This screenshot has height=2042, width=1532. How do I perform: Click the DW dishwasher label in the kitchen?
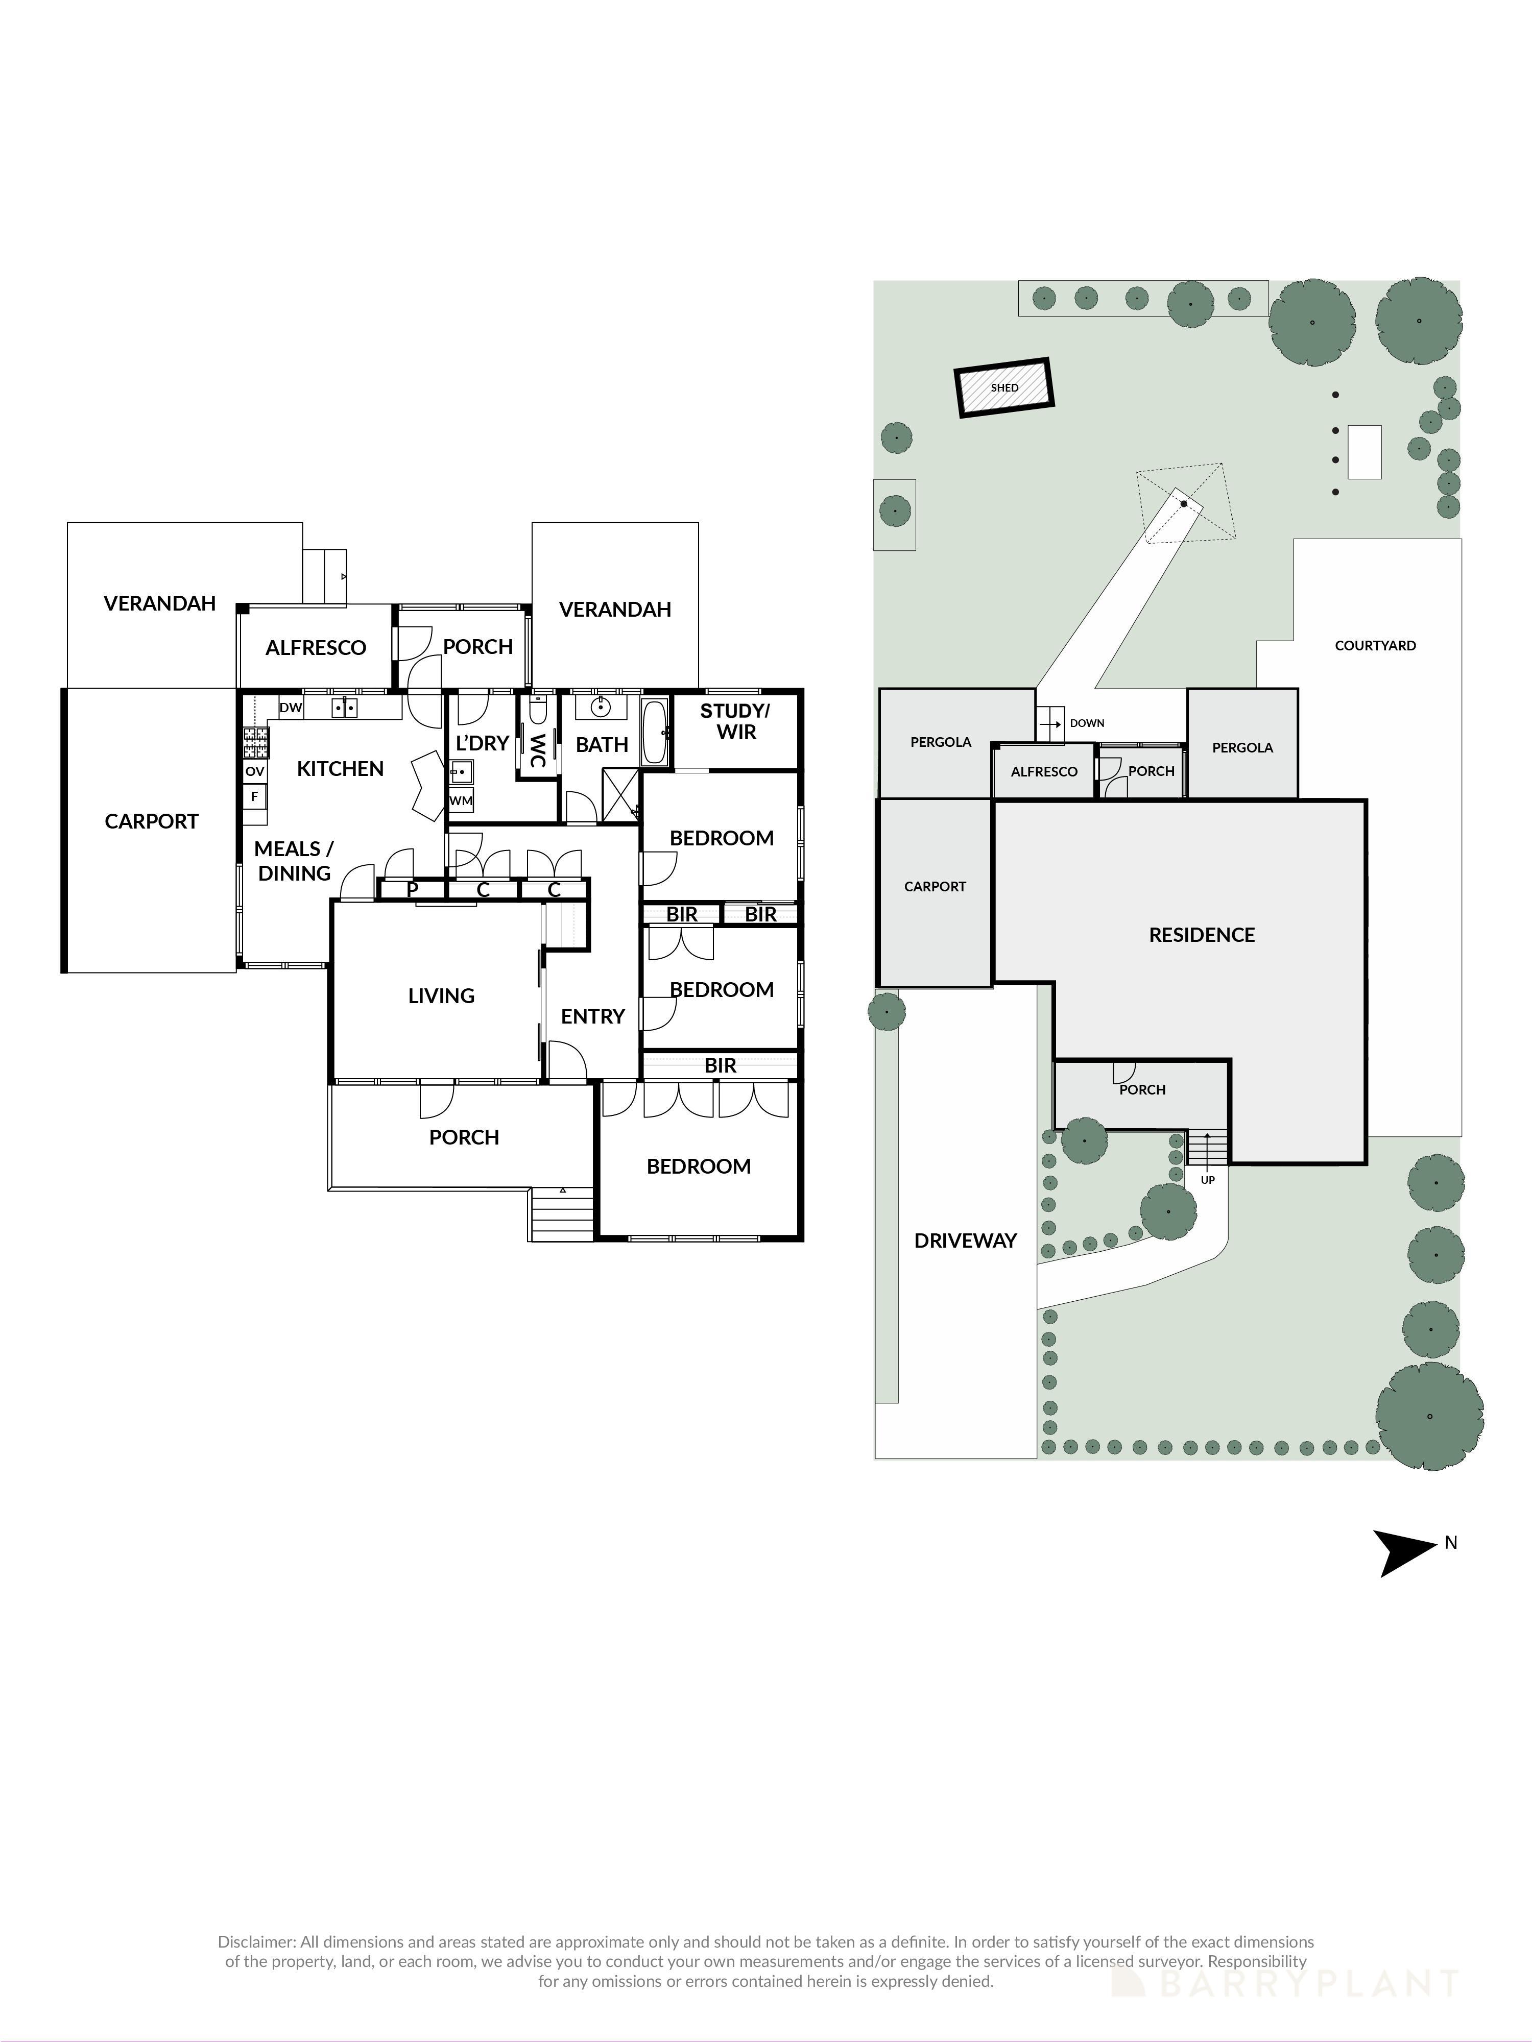click(291, 708)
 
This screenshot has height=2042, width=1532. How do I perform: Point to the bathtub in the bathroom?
click(655, 732)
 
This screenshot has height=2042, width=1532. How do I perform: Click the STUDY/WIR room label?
click(735, 721)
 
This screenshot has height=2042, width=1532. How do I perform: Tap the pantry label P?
click(413, 890)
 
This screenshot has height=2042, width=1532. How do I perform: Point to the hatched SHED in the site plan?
click(1004, 387)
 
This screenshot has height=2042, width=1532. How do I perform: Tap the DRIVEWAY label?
click(965, 1241)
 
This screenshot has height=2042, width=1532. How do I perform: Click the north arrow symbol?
click(1405, 1553)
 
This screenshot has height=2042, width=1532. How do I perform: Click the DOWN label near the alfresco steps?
click(1087, 723)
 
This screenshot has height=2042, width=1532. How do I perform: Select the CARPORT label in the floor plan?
click(152, 821)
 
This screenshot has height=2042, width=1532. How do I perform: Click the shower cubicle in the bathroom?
click(619, 794)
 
